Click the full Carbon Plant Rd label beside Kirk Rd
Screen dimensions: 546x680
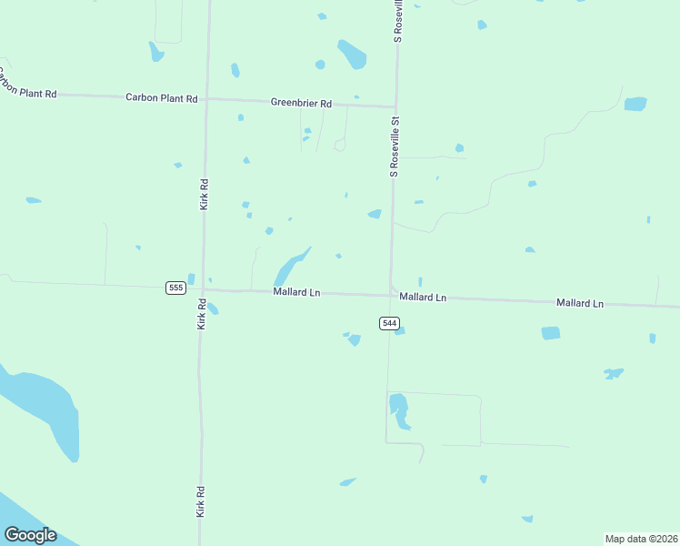coord(161,96)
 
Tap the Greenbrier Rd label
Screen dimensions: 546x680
coord(301,102)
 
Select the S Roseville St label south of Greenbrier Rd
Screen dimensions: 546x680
coord(395,145)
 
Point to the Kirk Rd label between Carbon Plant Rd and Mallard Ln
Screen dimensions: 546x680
coord(205,194)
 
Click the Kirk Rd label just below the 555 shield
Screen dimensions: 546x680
coord(202,313)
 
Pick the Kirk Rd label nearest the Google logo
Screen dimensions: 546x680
coord(201,501)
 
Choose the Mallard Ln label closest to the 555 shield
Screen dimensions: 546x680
coord(297,292)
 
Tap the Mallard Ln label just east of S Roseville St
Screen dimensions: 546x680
coord(423,298)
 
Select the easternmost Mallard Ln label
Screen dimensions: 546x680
coord(580,302)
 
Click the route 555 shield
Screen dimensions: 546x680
coord(176,288)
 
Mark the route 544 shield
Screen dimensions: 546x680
coord(389,323)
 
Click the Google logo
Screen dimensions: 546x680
coord(30,534)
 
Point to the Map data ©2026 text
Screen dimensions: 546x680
coord(641,538)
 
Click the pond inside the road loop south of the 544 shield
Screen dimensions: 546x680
coord(399,409)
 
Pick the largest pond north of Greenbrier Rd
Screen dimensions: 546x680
coord(352,55)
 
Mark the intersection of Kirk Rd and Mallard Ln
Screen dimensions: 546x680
coord(202,289)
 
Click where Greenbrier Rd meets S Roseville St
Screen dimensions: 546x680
coord(395,106)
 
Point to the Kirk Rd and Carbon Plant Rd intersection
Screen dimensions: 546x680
coord(206,97)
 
